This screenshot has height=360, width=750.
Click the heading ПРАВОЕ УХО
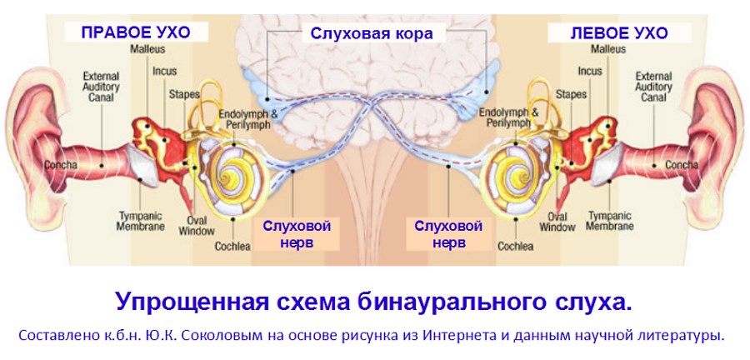135,33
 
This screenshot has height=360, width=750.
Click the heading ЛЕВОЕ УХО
619,33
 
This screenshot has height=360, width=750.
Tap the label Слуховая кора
372,33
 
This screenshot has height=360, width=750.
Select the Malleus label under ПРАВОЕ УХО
142,49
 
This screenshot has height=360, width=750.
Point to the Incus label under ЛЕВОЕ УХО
589,72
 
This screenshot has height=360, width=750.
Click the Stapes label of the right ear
183,94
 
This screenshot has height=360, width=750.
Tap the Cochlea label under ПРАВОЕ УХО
231,247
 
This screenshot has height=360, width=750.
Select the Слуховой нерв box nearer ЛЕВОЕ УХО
448,234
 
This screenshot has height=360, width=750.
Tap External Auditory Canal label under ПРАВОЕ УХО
101,87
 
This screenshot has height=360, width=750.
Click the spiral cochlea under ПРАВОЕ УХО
231,172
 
